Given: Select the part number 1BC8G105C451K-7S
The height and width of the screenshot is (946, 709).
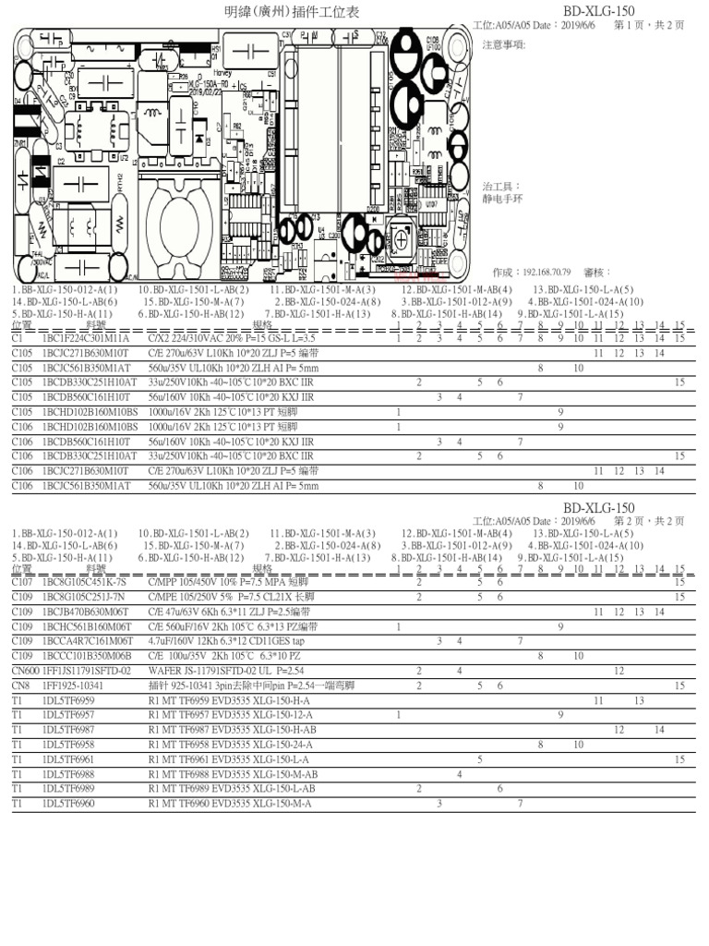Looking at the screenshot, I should tap(84, 582).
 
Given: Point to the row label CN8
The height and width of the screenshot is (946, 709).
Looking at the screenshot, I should tap(21, 685).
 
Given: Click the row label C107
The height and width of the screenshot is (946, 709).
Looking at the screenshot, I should tap(22, 582).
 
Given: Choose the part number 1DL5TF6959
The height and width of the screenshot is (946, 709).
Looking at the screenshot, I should tap(69, 700).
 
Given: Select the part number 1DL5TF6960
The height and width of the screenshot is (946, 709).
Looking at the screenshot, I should tap(69, 804).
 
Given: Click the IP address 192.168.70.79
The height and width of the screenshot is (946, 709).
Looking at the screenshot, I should tap(549, 273).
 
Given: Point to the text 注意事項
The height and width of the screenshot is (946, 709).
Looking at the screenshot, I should tap(504, 44).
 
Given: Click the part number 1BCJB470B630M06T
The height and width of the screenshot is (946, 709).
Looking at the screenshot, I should tap(86, 612).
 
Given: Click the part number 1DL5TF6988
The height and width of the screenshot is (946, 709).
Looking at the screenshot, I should tap(69, 774).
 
